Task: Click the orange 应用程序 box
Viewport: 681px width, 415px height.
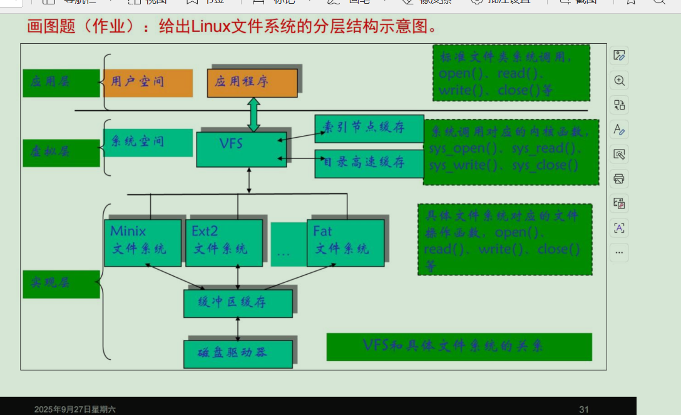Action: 252,83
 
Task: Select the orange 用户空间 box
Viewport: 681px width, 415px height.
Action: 148,83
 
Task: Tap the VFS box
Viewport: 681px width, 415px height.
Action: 241,149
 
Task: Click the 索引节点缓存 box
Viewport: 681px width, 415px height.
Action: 369,129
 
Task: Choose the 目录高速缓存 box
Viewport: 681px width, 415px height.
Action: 369,163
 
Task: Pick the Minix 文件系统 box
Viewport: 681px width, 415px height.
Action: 143,242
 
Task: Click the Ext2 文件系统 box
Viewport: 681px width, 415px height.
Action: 223,242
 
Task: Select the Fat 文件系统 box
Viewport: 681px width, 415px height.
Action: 346,242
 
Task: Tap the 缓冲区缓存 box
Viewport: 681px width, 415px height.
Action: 237,303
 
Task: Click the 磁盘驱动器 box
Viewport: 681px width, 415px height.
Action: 237,354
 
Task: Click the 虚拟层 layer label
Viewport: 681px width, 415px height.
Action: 61,153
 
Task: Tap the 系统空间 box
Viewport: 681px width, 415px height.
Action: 148,142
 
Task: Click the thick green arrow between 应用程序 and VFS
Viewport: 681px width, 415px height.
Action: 253,115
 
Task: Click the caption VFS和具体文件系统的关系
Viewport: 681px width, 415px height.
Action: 459,347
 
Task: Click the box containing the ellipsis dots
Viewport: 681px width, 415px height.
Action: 283,245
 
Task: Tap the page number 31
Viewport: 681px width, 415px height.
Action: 584,409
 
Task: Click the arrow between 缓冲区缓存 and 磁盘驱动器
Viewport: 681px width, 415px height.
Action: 238,329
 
